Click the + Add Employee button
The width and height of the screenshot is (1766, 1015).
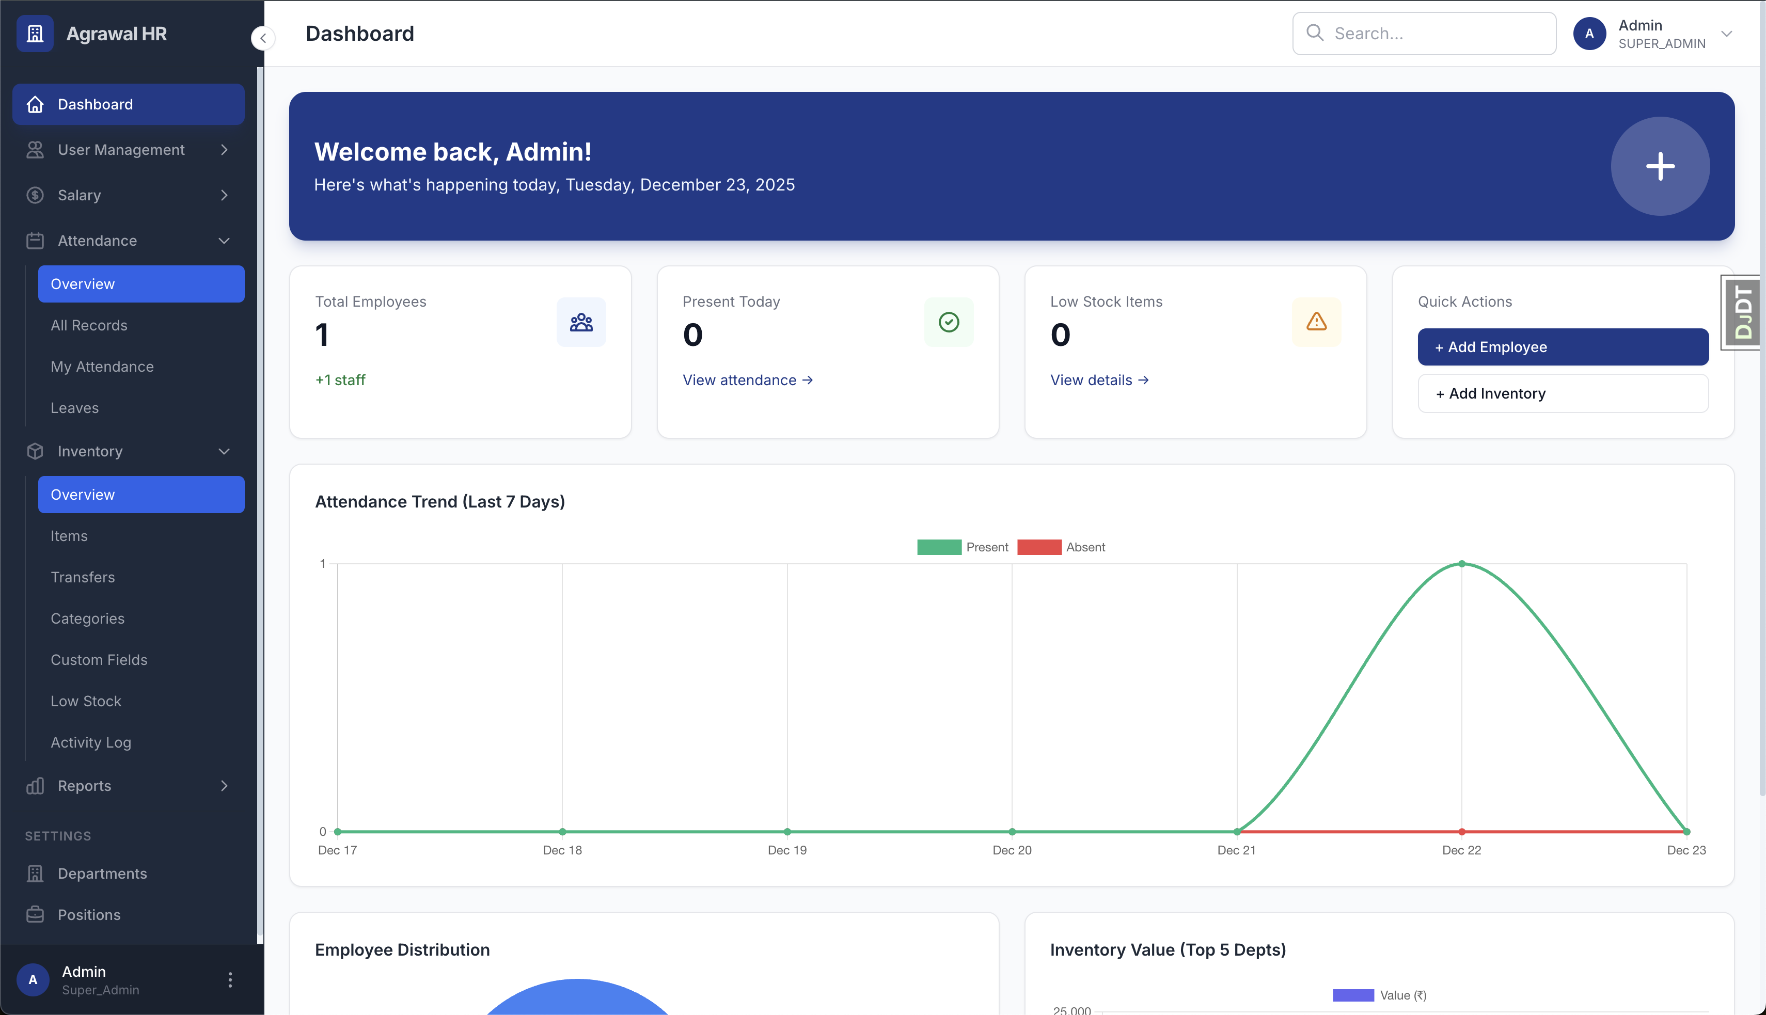(1563, 347)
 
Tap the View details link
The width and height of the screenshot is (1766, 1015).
(1099, 380)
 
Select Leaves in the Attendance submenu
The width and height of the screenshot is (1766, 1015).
(74, 408)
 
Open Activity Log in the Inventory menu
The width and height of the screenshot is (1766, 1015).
(91, 742)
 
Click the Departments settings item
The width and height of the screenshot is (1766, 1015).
(102, 874)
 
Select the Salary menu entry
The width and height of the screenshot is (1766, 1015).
(80, 195)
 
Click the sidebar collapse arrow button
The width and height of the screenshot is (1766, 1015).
(263, 38)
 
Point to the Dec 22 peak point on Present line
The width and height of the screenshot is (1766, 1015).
(1461, 564)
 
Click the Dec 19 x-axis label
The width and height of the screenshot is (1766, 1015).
(786, 850)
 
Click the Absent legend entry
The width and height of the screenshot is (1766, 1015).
(1061, 547)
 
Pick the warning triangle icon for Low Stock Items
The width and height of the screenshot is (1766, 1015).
(1316, 322)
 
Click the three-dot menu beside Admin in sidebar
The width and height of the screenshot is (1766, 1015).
(230, 979)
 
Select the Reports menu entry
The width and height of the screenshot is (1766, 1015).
(84, 786)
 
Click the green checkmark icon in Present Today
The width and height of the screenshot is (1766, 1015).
(948, 322)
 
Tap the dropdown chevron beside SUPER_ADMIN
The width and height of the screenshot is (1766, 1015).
(1726, 34)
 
